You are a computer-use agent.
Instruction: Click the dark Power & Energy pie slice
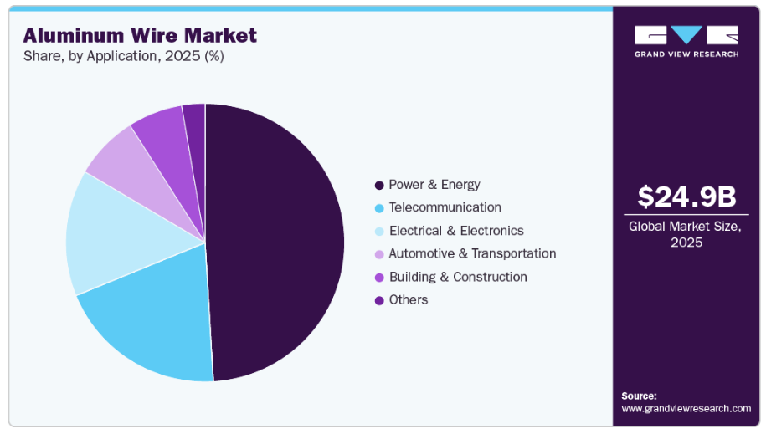(276, 243)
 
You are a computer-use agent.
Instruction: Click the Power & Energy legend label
(434, 185)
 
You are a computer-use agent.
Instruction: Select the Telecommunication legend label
(445, 207)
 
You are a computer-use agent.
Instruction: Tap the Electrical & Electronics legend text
(456, 231)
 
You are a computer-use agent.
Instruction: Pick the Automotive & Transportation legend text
(472, 253)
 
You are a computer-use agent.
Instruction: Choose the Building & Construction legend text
(458, 277)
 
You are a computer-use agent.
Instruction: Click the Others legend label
(409, 299)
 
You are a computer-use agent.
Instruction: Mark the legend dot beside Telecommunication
(379, 208)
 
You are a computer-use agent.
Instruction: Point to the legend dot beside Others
(379, 300)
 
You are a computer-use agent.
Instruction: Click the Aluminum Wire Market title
(140, 35)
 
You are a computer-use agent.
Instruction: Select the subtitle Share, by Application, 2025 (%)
(123, 57)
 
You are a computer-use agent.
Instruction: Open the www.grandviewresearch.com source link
(686, 408)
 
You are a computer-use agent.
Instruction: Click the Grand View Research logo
(686, 40)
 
